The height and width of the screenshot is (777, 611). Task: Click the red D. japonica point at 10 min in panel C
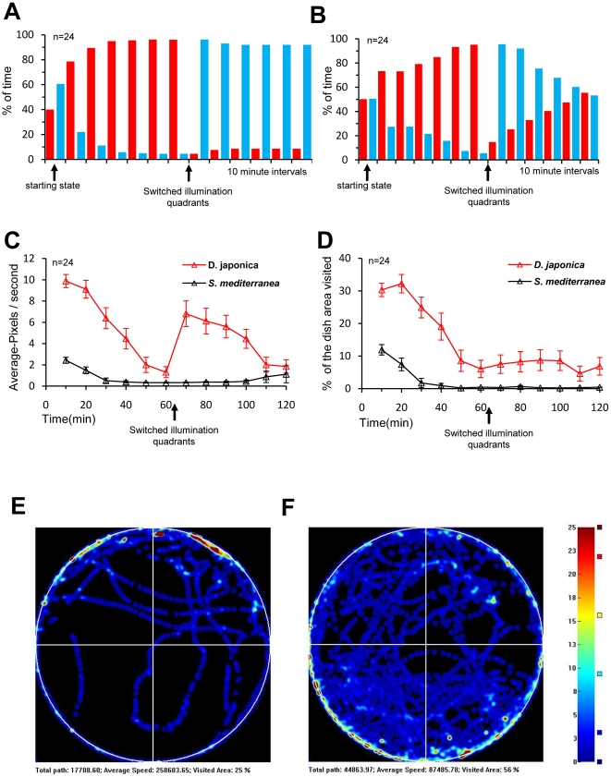(x=66, y=280)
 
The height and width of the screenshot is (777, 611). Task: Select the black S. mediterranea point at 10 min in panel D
(x=382, y=350)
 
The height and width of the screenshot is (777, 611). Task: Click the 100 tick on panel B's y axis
(x=341, y=40)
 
